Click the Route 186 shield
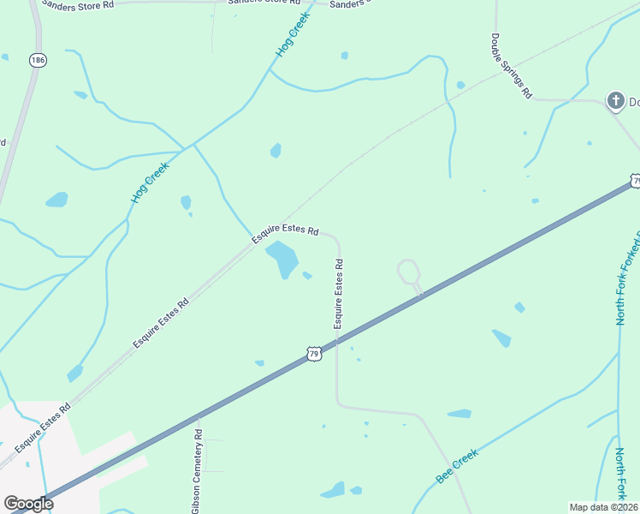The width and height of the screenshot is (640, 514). [x=37, y=60]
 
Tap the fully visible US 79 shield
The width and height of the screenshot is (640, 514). [x=314, y=353]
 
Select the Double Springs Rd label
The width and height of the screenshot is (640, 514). [x=512, y=66]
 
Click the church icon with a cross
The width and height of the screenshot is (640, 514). [x=614, y=102]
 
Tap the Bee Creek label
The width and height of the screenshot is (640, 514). [x=456, y=468]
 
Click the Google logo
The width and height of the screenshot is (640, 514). [x=28, y=504]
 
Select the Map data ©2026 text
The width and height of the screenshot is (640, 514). [x=603, y=507]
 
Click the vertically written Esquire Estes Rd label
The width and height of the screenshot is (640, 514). [x=339, y=294]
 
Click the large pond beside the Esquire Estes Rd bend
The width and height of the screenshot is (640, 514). [x=282, y=258]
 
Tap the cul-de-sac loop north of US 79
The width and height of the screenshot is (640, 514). [x=408, y=272]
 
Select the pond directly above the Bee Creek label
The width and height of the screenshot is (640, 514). [x=459, y=414]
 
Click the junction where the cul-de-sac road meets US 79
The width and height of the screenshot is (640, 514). [x=421, y=296]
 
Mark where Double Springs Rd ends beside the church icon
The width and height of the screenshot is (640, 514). [x=598, y=101]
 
